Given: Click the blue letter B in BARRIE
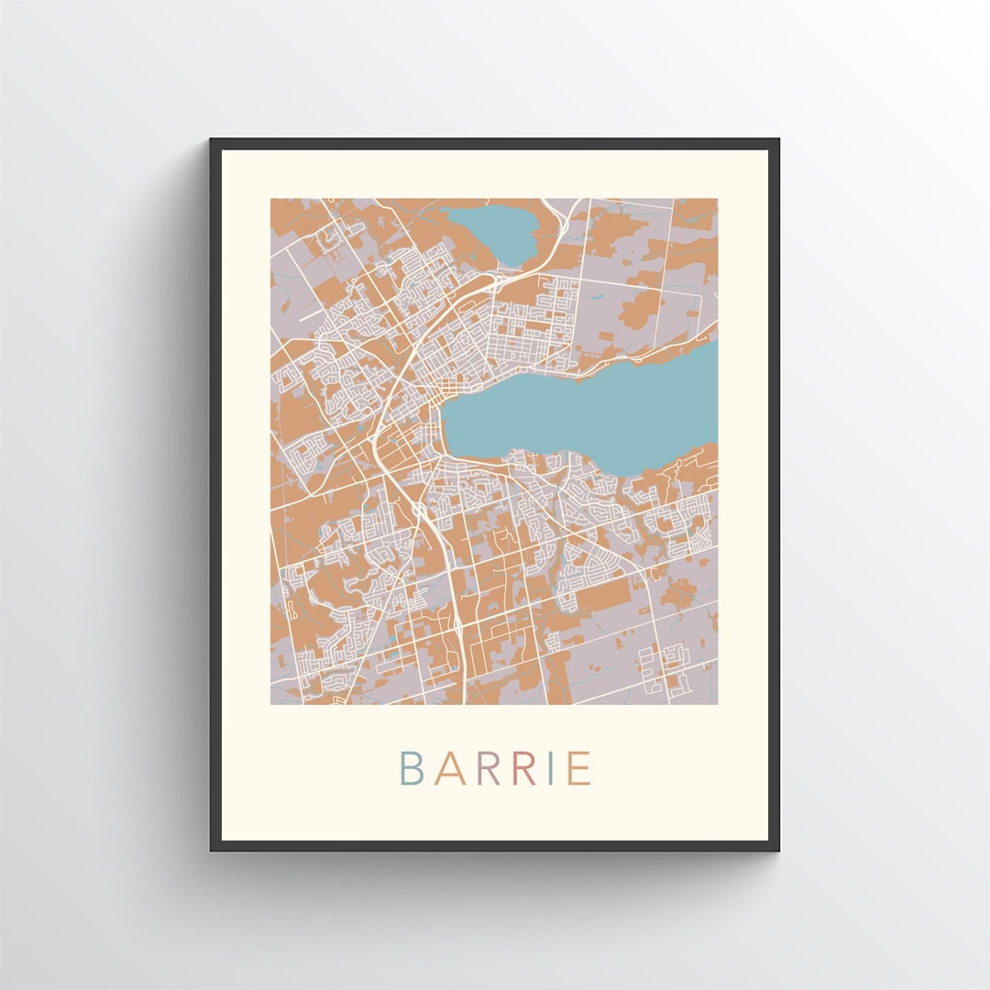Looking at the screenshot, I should (x=410, y=769).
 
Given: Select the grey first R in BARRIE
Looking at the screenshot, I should (x=488, y=769).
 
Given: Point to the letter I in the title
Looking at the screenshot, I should (x=550, y=769).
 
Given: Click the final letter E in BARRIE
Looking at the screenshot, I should (x=579, y=769).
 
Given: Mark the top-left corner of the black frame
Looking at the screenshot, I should (x=212, y=140).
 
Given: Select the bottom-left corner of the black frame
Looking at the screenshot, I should (x=212, y=849).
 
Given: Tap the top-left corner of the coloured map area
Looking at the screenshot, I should (x=272, y=200).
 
